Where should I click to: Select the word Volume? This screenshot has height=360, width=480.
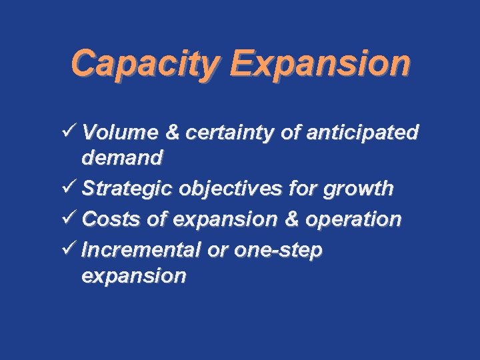pos(120,133)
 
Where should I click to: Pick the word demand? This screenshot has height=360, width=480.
pos(122,158)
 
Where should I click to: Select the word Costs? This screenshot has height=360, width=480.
pos(107,219)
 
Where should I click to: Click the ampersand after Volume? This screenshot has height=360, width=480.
pos(172,133)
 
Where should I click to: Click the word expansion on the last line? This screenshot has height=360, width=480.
pos(133,275)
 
